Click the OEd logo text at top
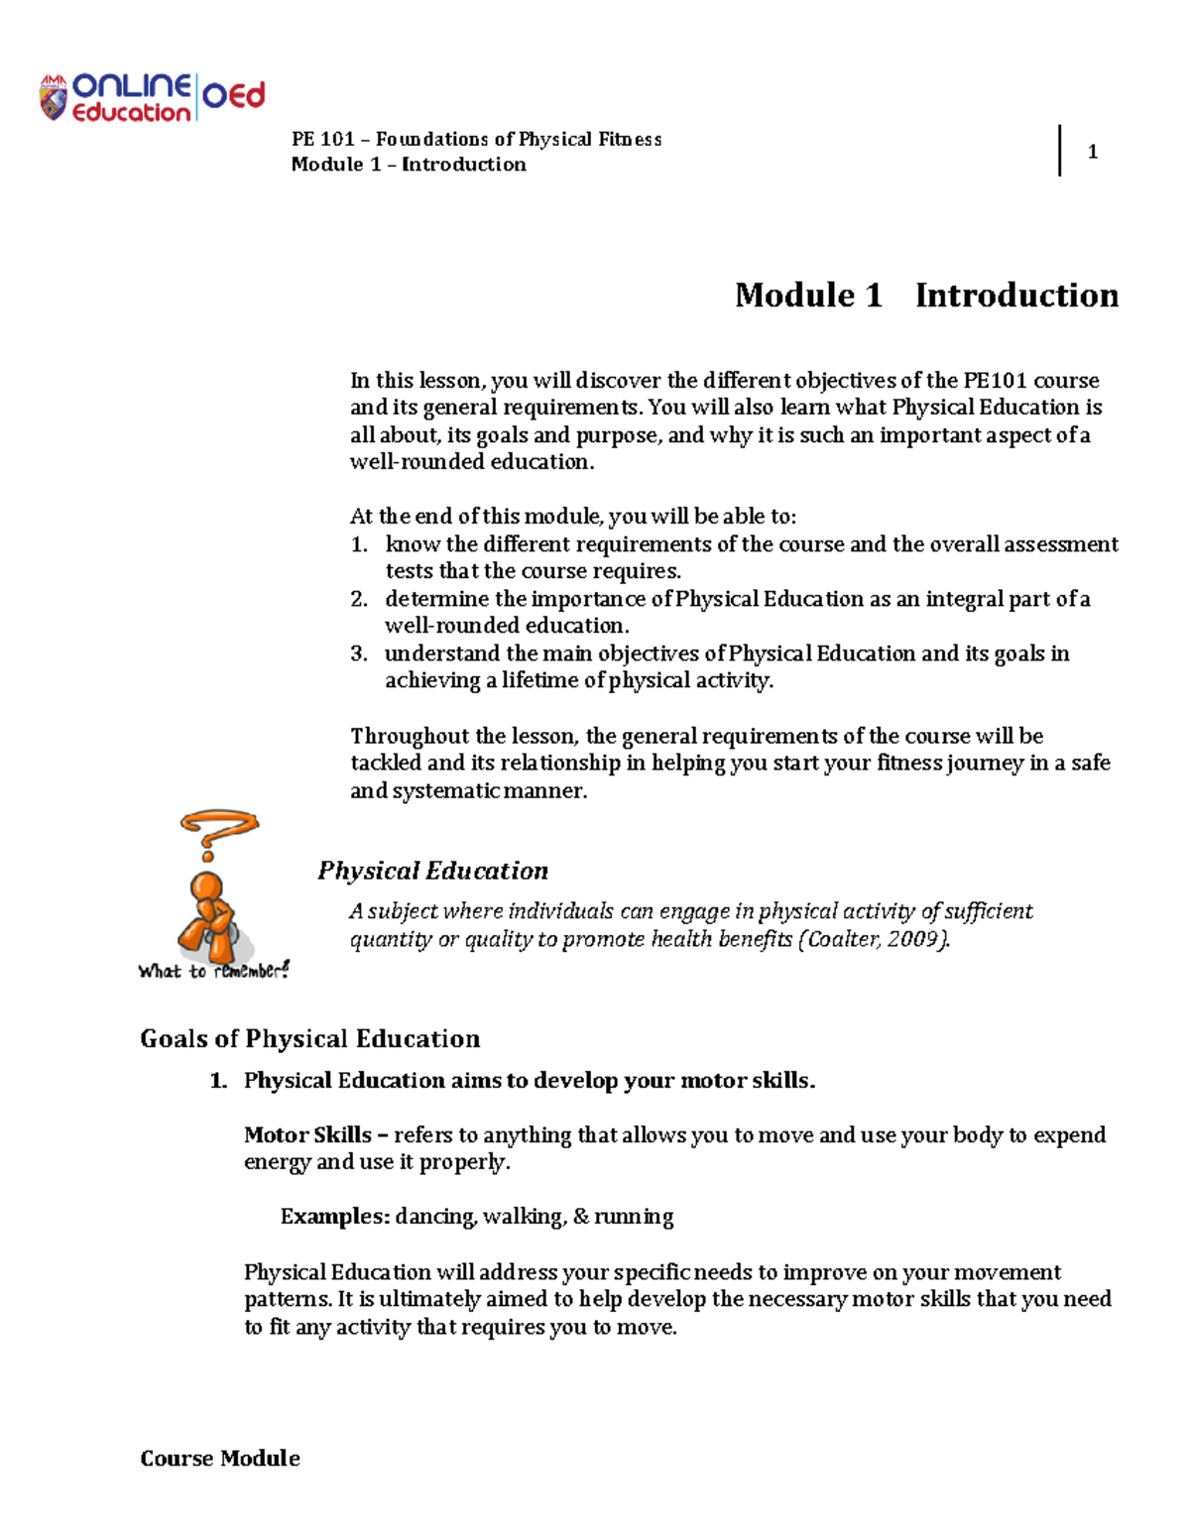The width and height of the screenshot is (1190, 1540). (234, 96)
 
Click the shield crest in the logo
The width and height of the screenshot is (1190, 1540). (53, 99)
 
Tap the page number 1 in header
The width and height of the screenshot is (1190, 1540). (1092, 152)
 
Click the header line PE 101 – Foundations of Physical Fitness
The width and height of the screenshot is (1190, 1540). (476, 139)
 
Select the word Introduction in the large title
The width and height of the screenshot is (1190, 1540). (1016, 296)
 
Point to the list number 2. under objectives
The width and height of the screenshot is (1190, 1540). (359, 599)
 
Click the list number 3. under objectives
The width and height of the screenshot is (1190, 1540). (359, 653)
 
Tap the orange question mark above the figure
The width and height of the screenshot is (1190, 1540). (217, 832)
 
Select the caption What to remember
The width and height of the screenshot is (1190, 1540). (213, 971)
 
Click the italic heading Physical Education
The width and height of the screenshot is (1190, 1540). (432, 871)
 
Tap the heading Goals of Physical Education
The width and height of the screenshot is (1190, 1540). (309, 1038)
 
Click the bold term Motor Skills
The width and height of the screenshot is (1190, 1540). (307, 1134)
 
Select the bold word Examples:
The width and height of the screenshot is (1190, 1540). (335, 1217)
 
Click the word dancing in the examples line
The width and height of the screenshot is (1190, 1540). (435, 1217)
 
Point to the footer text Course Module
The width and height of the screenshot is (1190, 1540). (220, 1458)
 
